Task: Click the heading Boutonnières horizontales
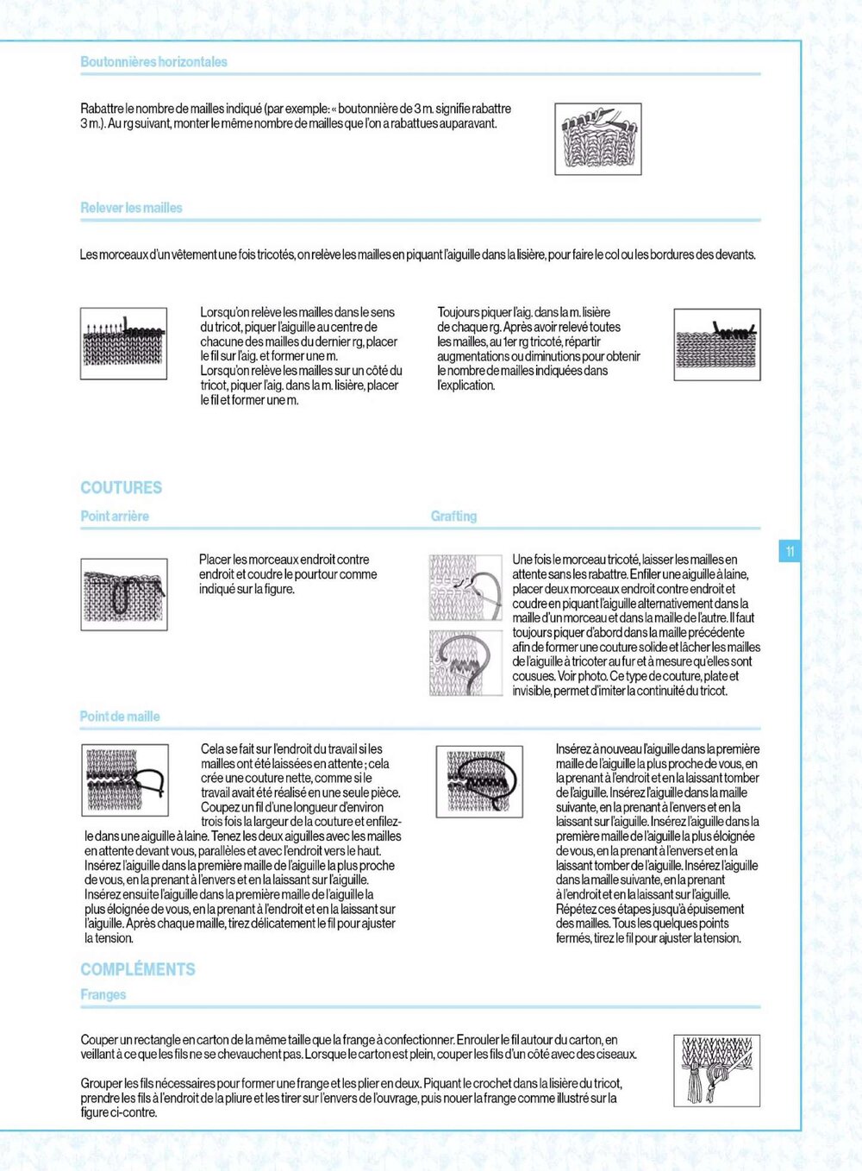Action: tap(153, 62)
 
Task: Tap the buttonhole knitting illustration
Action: tap(597, 139)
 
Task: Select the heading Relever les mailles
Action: tap(131, 208)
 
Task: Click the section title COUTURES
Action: tap(122, 487)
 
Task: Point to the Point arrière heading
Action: tap(115, 516)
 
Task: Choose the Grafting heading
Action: tap(453, 516)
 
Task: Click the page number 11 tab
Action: tap(790, 551)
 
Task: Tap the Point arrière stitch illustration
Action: tap(124, 594)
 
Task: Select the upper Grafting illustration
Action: tap(465, 587)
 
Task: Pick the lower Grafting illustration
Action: tap(465, 662)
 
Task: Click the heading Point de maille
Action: tap(120, 717)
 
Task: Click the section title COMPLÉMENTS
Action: tap(138, 969)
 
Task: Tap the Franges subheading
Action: tap(103, 994)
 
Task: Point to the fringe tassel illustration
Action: tap(716, 1070)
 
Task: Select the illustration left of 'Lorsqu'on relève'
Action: tap(123, 344)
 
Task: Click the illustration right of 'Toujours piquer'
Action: tap(716, 344)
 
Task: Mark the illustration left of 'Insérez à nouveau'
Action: tap(479, 781)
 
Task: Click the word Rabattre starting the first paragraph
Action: tap(102, 109)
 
